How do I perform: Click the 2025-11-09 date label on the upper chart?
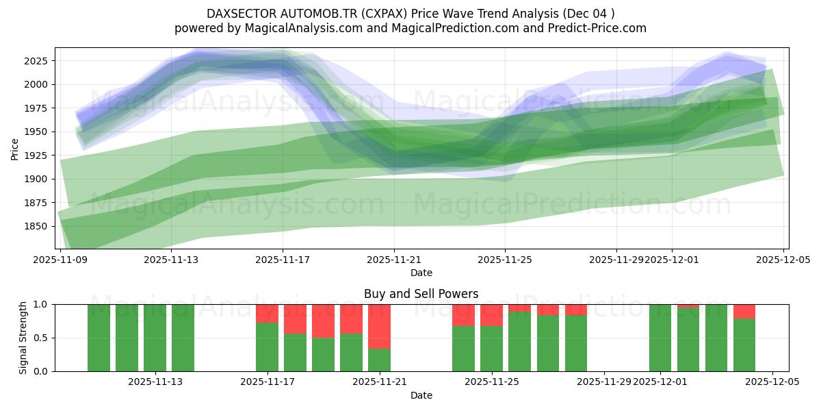point(61,260)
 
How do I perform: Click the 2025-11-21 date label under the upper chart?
point(394,260)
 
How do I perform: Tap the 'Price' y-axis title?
point(15,148)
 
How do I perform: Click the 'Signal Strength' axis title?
point(23,337)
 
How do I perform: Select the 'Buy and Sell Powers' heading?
point(421,294)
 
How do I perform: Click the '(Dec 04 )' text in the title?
point(590,14)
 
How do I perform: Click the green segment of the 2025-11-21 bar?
point(379,360)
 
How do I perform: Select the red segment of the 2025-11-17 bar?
point(267,313)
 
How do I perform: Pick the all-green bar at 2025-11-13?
point(155,338)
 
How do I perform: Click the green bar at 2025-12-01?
point(660,338)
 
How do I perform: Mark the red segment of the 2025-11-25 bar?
point(491,315)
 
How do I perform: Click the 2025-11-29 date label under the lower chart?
point(603,382)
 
